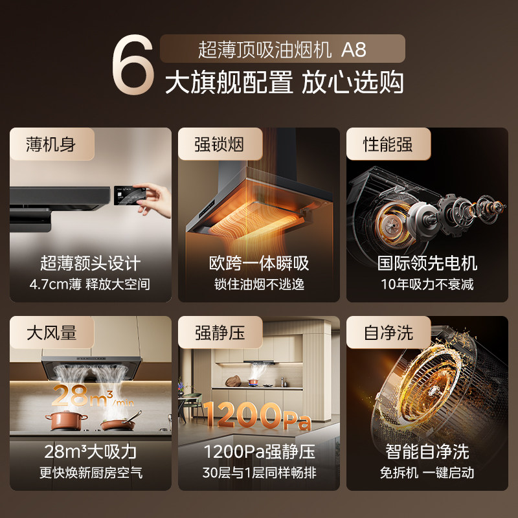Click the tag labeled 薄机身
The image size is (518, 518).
click(51, 144)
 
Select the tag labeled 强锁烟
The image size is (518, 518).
click(220, 144)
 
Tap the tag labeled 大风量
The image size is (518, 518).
click(51, 333)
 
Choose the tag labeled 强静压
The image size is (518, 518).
click(220, 333)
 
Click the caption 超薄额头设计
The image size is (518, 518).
click(90, 263)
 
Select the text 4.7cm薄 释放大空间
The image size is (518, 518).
click(90, 284)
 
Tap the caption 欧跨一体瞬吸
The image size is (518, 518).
click(259, 263)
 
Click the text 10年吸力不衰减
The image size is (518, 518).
click(427, 284)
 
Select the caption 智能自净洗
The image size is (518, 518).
click(427, 451)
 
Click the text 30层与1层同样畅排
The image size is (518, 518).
click(259, 473)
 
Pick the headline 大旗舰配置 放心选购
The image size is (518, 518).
click(284, 83)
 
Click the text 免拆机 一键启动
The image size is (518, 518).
click(427, 473)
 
